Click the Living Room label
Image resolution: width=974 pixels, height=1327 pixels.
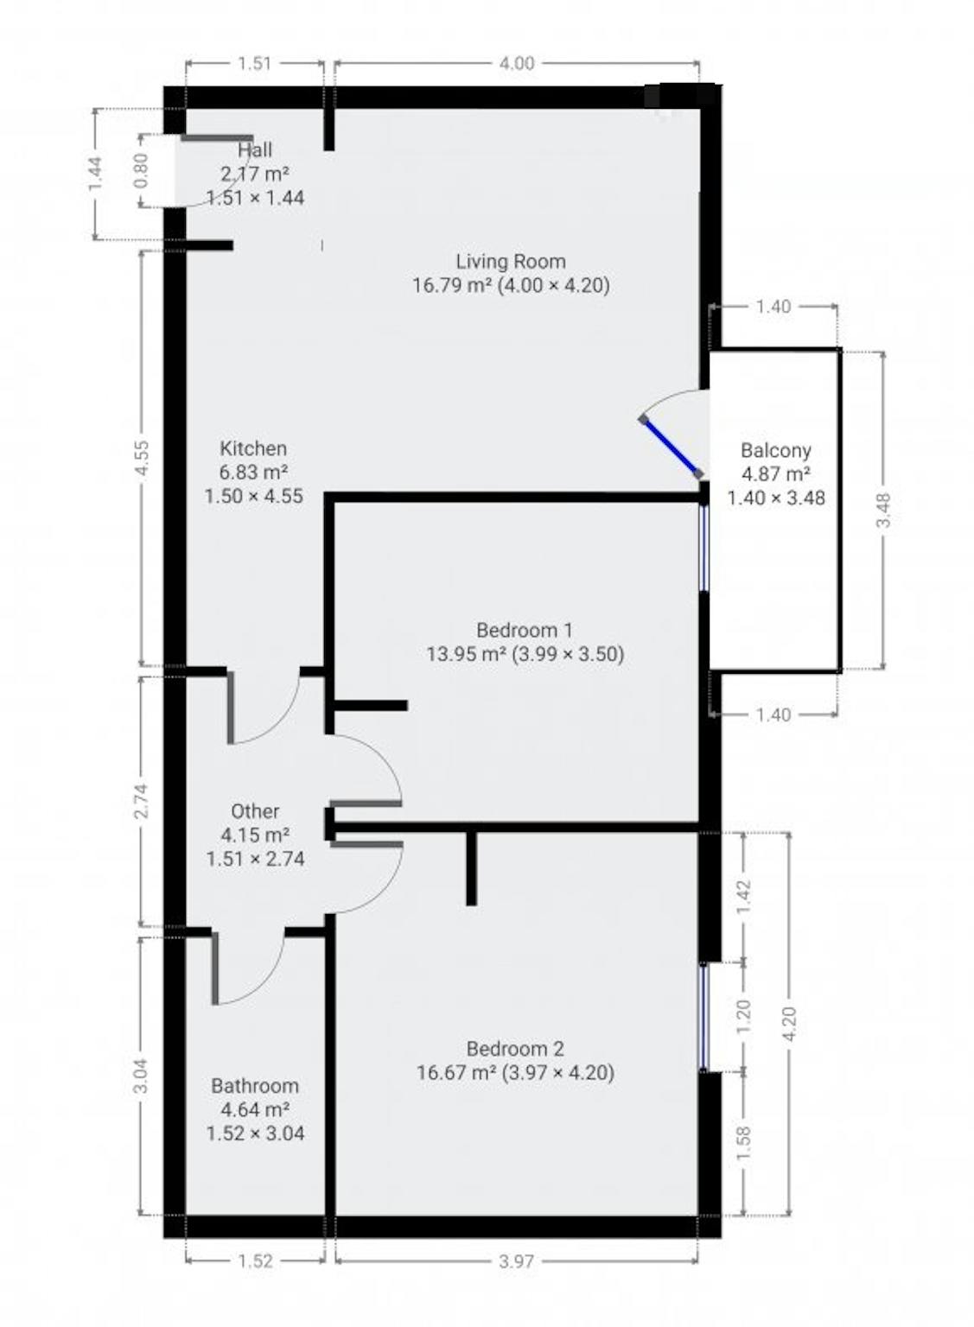tap(511, 261)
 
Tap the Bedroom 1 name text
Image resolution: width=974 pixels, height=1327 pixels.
tap(525, 630)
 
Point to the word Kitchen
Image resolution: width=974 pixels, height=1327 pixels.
tap(253, 448)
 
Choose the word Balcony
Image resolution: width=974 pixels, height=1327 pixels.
tap(775, 450)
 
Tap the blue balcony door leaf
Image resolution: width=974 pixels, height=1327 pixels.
tap(672, 447)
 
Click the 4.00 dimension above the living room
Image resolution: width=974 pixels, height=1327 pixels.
tap(517, 63)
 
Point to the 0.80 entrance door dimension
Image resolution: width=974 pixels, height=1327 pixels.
tap(142, 170)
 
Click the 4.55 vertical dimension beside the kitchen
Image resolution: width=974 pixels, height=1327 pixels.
tap(142, 458)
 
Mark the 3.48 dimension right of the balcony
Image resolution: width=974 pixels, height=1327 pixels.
tap(882, 510)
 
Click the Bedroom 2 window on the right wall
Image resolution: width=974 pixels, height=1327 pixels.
tap(703, 1017)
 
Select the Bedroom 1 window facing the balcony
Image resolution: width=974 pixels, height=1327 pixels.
tap(703, 548)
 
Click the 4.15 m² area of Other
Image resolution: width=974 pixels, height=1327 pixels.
tap(255, 835)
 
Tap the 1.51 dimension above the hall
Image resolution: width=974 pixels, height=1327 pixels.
tap(255, 63)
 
